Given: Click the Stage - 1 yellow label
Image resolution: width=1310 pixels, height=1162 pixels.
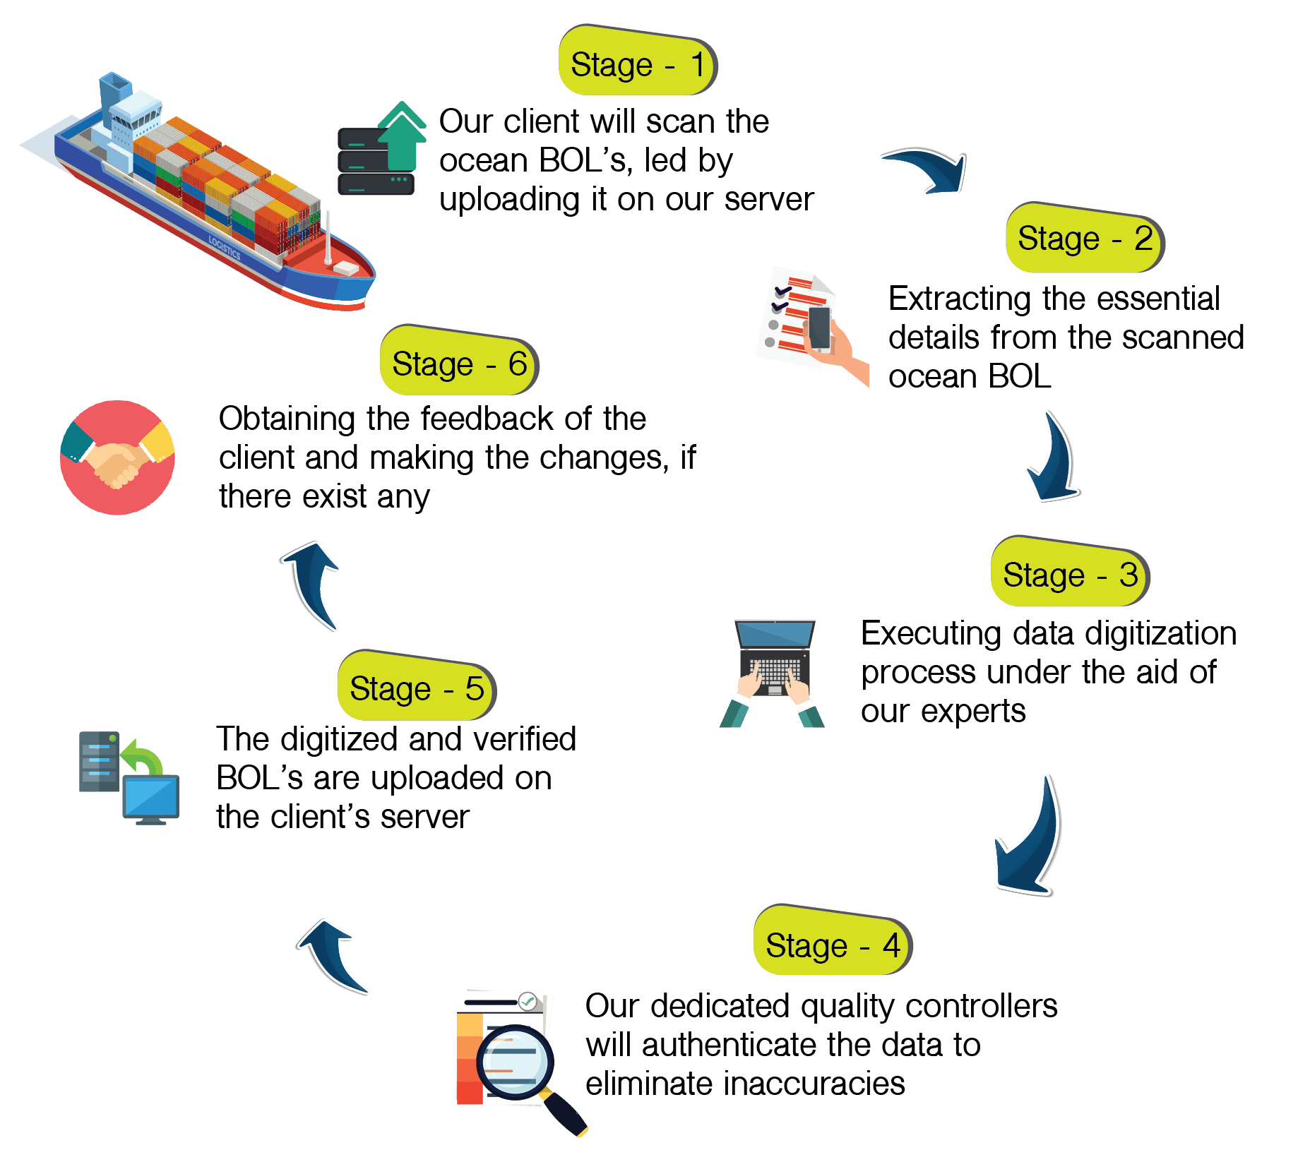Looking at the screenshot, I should [636, 64].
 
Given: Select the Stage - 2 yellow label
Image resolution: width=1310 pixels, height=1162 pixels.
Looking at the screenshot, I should [1083, 239].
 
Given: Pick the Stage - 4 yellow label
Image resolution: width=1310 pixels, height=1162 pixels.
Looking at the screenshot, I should [832, 944].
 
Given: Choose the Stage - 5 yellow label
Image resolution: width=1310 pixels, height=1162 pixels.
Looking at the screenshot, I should [416, 688].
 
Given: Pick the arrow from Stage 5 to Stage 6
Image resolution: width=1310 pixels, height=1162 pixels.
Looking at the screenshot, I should [314, 583].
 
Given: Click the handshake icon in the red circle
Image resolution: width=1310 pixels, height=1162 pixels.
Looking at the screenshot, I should [117, 458].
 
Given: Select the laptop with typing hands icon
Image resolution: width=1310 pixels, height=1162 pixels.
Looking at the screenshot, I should [773, 671].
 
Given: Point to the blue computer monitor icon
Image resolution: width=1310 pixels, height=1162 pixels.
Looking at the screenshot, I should [151, 798].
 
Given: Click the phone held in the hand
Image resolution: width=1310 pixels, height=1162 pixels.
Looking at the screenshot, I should [819, 329].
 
